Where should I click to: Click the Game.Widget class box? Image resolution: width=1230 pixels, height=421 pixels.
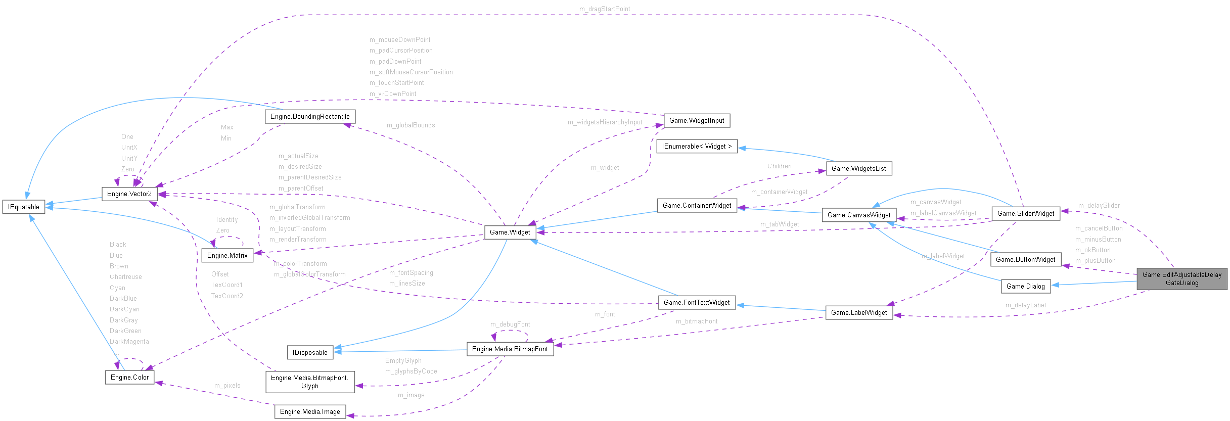pos(510,232)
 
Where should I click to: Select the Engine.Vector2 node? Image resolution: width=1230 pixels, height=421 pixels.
pos(129,194)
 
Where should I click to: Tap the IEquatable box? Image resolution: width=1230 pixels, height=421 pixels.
pos(24,207)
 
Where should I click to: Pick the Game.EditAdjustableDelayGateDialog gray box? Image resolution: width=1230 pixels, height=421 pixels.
pos(1182,279)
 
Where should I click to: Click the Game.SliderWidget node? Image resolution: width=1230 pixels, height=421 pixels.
pos(1026,214)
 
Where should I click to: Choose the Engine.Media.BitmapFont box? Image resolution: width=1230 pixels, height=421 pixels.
pos(510,349)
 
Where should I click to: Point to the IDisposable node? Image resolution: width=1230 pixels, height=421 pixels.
pos(310,353)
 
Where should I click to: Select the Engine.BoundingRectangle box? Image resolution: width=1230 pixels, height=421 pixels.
pos(310,117)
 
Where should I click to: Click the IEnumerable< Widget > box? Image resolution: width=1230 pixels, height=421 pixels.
pos(697,147)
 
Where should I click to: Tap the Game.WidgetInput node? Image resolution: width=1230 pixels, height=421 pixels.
pos(697,121)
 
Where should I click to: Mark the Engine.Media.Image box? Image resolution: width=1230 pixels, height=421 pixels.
pos(310,412)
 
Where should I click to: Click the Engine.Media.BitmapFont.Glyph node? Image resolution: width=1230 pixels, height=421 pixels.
pos(310,382)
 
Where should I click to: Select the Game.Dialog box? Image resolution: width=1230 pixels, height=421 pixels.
pos(1025,287)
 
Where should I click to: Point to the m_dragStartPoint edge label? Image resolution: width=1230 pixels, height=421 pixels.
pos(605,9)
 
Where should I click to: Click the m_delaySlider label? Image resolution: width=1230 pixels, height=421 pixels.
pos(1099,206)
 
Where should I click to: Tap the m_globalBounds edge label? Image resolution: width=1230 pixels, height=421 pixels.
pos(411,125)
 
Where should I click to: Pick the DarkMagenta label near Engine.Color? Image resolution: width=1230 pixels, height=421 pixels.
pos(129,342)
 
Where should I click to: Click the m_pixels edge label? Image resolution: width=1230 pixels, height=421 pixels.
pos(227,386)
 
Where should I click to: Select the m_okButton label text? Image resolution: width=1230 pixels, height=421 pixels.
pos(1092,250)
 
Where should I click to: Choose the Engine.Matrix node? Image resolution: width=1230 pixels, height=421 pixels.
pos(227,256)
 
